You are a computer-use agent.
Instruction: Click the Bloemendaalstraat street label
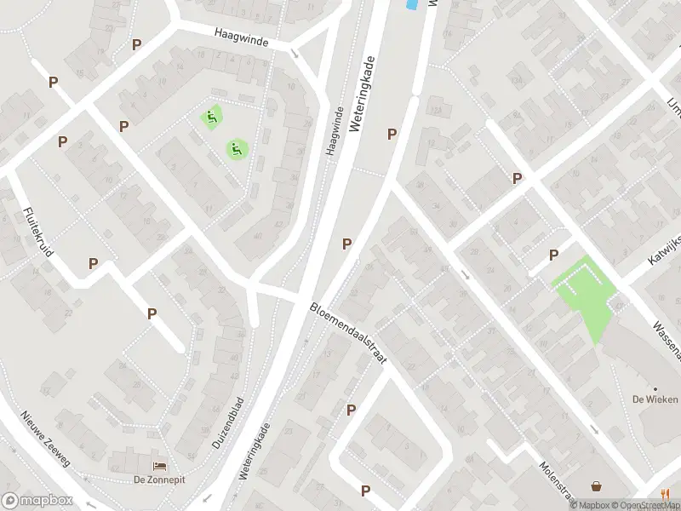[x=347, y=333]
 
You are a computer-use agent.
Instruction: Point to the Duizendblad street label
[x=227, y=424]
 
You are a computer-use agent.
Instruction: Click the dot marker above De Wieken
[x=655, y=389]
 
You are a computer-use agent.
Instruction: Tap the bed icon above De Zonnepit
[x=158, y=466]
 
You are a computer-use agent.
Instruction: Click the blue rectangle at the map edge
[x=411, y=5]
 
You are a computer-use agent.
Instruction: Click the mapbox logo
[x=36, y=501]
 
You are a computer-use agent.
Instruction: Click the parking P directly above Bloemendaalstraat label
[x=347, y=244]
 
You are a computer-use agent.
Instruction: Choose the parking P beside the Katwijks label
[x=553, y=255]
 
